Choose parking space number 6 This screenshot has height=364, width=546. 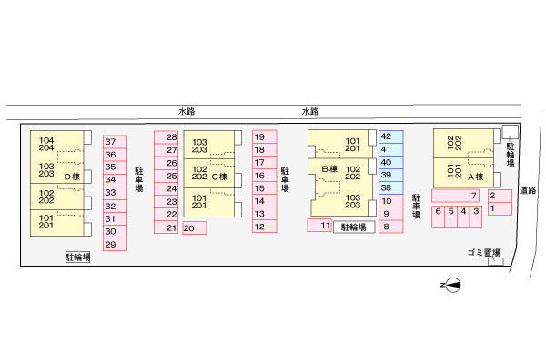[438, 217]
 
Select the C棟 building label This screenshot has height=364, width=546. [218, 177]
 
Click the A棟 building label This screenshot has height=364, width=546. [474, 177]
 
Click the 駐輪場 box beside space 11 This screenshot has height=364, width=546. [354, 227]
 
